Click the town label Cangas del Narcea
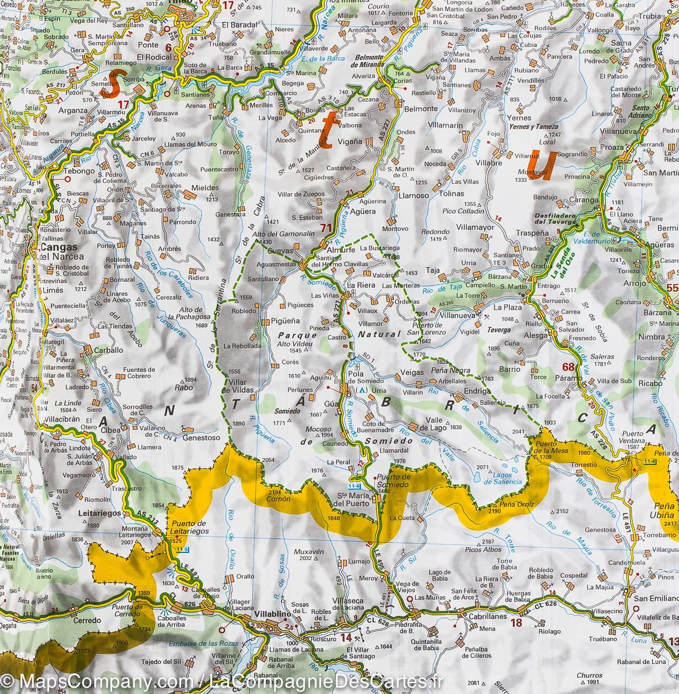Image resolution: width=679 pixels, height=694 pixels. pos(61,252)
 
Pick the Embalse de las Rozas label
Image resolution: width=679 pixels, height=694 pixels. pos(197,645)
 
